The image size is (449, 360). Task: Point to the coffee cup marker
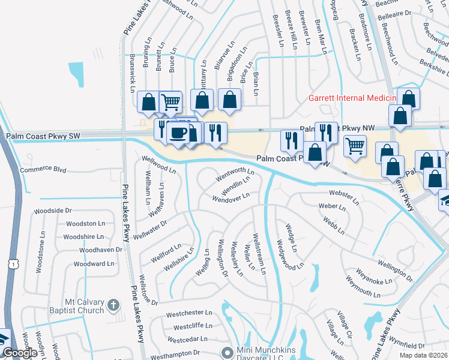click(x=176, y=133)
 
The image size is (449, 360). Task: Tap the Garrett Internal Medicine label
click(x=352, y=98)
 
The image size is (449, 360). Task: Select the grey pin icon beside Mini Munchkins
click(x=226, y=352)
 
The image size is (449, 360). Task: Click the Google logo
click(x=20, y=353)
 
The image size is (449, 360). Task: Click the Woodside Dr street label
click(x=52, y=211)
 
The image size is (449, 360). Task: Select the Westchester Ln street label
click(x=189, y=313)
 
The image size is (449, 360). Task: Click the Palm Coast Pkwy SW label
click(x=43, y=136)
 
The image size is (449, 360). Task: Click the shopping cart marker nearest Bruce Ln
click(x=171, y=103)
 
